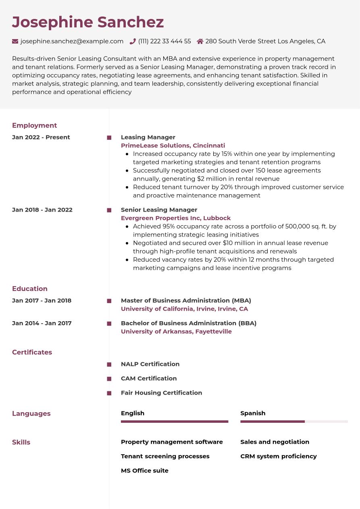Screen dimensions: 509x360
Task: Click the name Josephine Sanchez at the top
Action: tap(88, 22)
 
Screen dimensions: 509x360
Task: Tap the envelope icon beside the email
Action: tap(15, 41)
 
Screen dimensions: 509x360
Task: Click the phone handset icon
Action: tap(133, 41)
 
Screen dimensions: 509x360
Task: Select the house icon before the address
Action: tap(200, 41)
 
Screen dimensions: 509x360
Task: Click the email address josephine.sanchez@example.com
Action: tap(72, 41)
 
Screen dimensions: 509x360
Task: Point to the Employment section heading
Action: tap(34, 125)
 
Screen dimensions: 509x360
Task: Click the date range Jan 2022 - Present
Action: tap(41, 137)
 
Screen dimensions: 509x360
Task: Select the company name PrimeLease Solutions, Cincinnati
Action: tap(173, 145)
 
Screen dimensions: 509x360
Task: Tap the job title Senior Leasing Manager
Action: tap(159, 210)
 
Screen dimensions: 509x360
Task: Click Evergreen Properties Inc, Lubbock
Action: tap(176, 218)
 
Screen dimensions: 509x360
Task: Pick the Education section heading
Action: tap(30, 289)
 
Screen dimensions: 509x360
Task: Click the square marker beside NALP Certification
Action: tap(109, 364)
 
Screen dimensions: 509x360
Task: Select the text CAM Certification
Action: tap(149, 378)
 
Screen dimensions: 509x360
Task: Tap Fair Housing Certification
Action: tap(161, 393)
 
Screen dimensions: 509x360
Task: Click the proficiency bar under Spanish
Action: tap(294, 422)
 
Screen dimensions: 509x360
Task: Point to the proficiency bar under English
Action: tap(175, 422)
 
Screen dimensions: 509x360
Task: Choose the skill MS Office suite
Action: tap(145, 470)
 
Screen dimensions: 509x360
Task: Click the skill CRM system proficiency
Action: tap(279, 456)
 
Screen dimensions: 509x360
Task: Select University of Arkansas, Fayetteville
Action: tap(176, 331)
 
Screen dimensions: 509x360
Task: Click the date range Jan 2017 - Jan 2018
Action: tap(42, 300)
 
